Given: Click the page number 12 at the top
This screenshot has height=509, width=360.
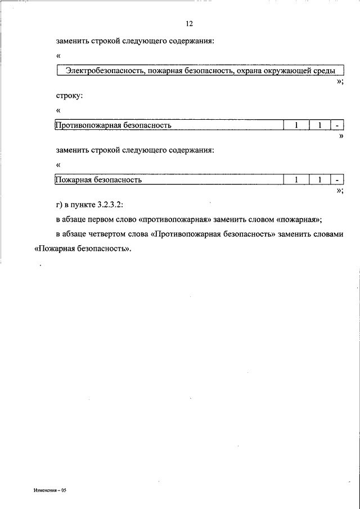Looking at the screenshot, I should (188, 24).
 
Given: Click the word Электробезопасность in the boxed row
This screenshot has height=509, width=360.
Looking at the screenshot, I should (102, 71).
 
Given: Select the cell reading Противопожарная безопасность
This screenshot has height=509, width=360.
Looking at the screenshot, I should (112, 125).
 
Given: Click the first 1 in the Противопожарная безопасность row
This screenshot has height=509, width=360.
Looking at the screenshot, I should (294, 125).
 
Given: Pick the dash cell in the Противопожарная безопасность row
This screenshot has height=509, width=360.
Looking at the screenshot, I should (336, 125).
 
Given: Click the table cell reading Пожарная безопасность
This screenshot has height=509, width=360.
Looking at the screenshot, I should (98, 180).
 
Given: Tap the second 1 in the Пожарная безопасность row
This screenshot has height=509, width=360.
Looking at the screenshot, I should (318, 180).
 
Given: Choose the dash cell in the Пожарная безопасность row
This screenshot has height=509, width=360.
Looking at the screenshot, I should (336, 180).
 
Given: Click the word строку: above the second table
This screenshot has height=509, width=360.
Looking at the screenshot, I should (69, 96).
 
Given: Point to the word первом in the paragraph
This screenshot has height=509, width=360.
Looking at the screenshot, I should (109, 219).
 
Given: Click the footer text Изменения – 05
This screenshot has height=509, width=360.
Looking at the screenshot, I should (50, 490).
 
